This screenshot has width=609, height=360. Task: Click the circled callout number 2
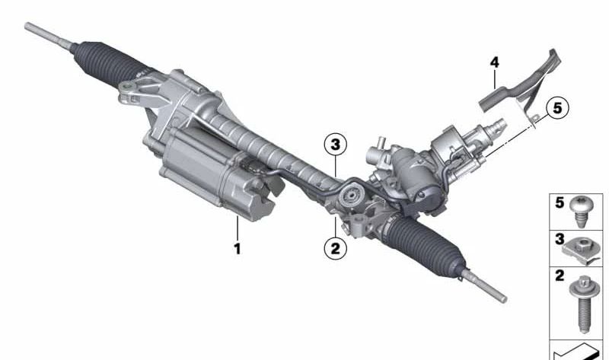pos(334,247)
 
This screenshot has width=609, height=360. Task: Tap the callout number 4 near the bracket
pos(495,62)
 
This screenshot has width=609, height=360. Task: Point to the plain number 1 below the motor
pos(238,248)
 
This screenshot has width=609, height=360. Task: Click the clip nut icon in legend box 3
pos(585,246)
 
